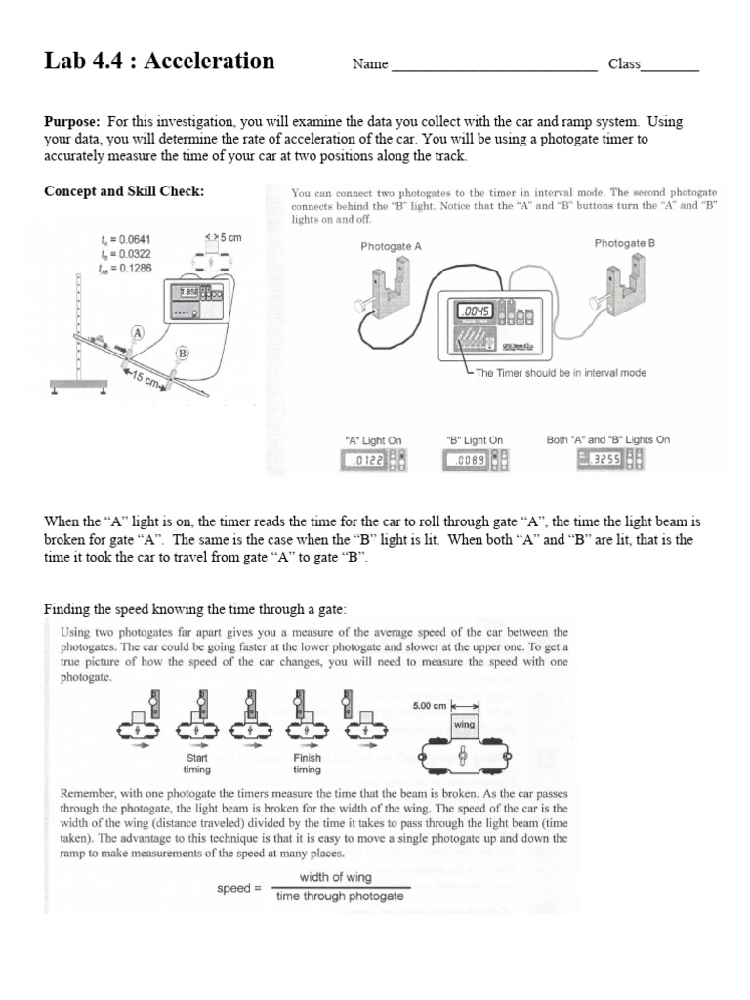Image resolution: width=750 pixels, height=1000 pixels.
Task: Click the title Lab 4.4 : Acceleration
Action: [x=159, y=62]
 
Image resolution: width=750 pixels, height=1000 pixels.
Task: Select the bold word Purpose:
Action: [x=72, y=122]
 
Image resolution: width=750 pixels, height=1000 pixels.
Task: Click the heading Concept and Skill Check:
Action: [x=124, y=191]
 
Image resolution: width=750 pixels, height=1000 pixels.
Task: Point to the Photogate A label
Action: [x=391, y=247]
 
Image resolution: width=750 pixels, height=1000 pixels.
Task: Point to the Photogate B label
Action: [x=624, y=243]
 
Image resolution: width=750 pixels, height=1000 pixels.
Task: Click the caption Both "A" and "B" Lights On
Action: [x=608, y=440]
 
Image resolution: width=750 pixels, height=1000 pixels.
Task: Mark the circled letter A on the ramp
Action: [x=139, y=333]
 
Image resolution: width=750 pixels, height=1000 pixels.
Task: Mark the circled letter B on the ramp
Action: [x=182, y=353]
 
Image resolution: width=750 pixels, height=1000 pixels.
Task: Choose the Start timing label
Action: [x=197, y=764]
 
